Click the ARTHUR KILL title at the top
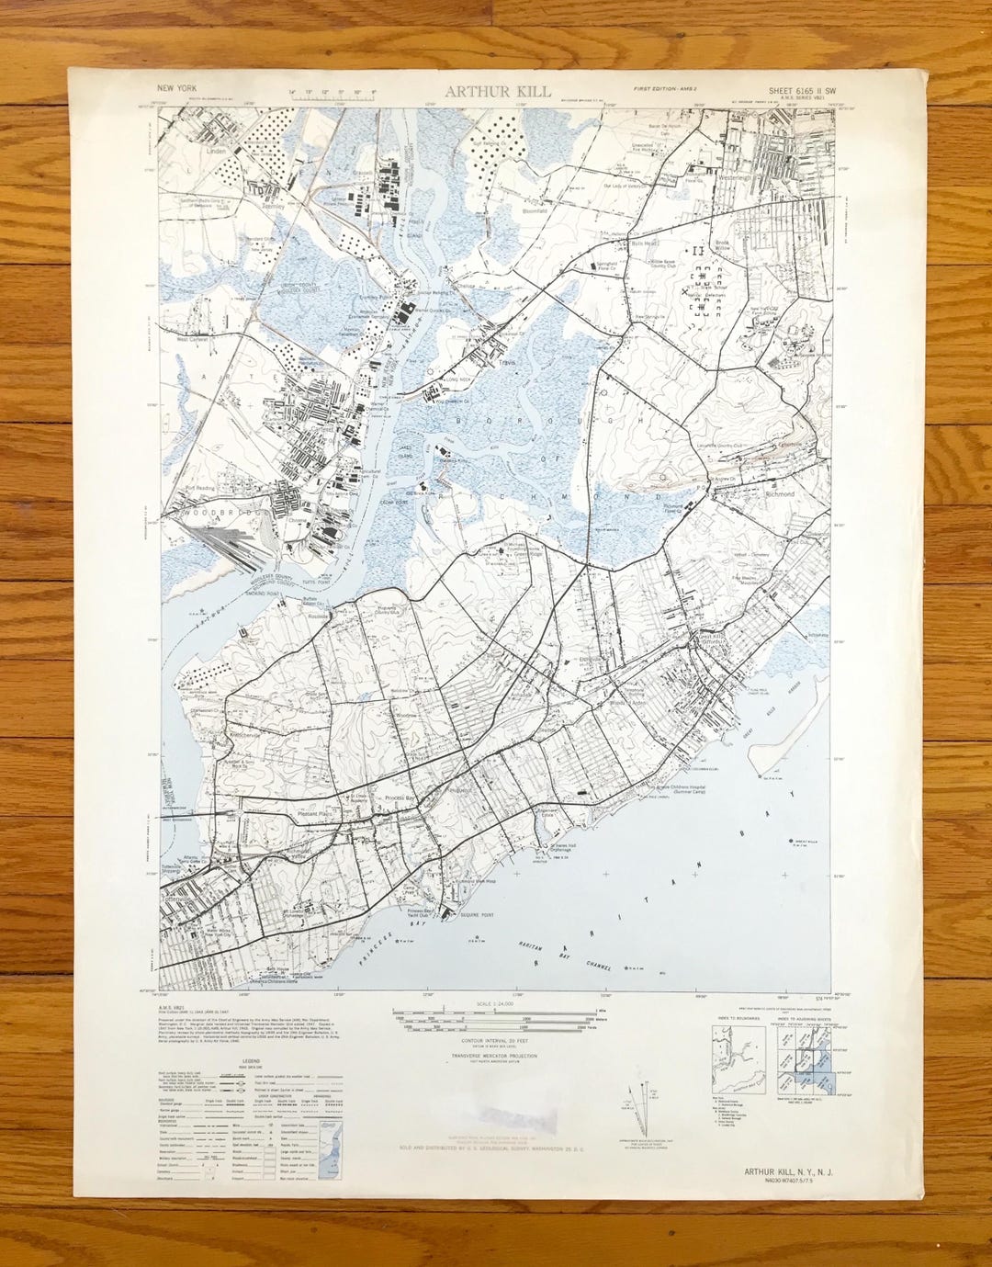[x=498, y=91]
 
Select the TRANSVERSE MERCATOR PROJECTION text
[x=494, y=1057]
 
